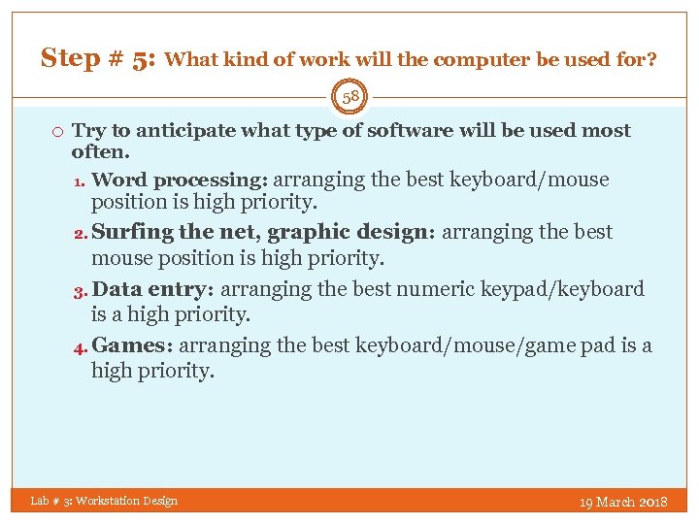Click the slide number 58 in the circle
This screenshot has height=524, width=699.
[349, 96]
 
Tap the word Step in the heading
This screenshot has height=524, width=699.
[70, 58]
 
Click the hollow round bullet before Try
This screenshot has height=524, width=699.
[58, 131]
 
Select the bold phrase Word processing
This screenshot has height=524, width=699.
[181, 180]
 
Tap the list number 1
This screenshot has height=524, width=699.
[81, 181]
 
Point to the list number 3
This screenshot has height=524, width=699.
[81, 290]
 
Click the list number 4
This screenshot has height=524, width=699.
[81, 346]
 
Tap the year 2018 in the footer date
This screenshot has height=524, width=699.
[652, 502]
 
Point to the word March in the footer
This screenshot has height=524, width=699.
[616, 502]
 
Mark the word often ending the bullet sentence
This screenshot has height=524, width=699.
[98, 152]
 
